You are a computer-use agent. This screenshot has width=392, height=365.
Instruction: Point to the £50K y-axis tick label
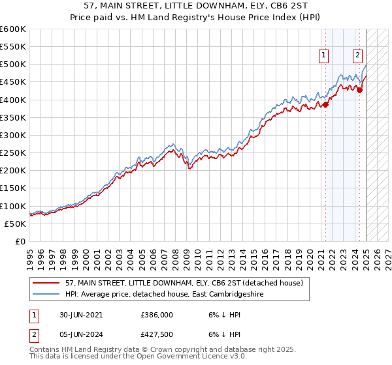pyautogui.click(x=16, y=224)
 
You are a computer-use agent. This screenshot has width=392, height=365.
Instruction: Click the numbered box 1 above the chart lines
pyautogui.click(x=324, y=56)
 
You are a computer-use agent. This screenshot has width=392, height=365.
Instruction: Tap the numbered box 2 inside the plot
pyautogui.click(x=358, y=56)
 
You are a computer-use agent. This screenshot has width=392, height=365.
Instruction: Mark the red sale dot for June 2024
pyautogui.click(x=359, y=90)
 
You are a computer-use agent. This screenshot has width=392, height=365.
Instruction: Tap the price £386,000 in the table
pyautogui.click(x=156, y=315)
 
